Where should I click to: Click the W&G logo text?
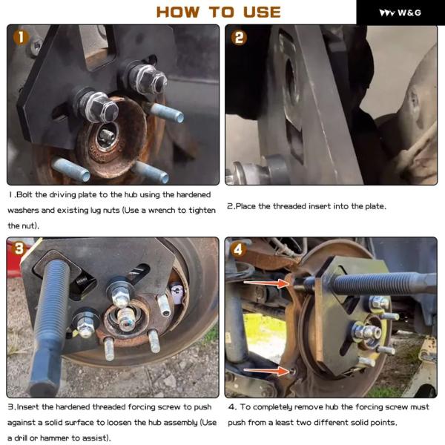409,13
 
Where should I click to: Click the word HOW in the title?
178,12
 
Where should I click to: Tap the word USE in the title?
262,12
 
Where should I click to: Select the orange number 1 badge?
21,38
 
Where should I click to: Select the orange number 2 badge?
239,38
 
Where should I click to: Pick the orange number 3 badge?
19,248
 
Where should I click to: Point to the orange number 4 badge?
238,250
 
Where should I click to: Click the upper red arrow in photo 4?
266,283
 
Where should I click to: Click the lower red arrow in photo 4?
266,370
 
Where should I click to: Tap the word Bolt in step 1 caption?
25,194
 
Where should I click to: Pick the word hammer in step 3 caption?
54,438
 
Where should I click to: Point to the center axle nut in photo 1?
107,136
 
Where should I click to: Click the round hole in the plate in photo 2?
291,79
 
